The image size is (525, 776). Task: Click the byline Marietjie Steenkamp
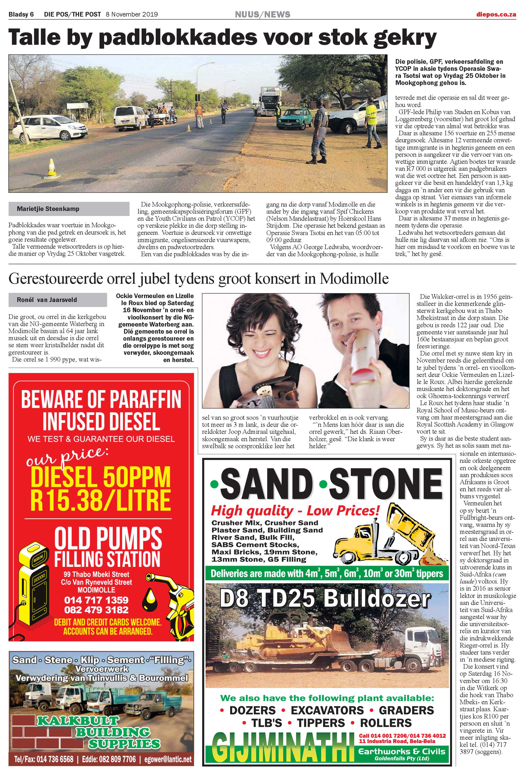click(48, 209)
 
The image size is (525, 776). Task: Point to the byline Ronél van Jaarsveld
click(47, 300)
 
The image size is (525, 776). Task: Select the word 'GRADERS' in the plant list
click(406, 710)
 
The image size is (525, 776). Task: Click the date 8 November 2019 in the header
click(132, 14)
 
